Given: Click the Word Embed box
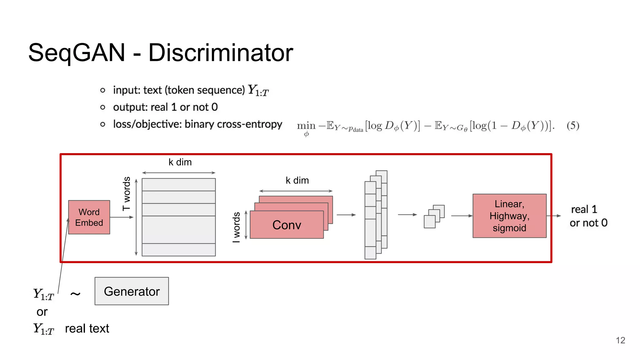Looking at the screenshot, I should click(x=89, y=217).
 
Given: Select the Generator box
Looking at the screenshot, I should click(x=132, y=291).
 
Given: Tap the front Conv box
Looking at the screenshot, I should click(x=287, y=225).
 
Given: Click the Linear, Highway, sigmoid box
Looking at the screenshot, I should click(x=509, y=216).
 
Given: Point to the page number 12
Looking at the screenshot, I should click(x=620, y=340).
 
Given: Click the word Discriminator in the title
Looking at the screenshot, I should click(x=221, y=52).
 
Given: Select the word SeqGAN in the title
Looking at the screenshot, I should click(x=77, y=52).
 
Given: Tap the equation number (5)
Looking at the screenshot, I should click(x=573, y=126).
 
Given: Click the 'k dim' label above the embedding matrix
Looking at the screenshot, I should click(x=180, y=162).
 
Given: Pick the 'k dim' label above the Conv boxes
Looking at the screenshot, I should click(x=297, y=180).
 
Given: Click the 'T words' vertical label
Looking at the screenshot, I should click(x=127, y=194).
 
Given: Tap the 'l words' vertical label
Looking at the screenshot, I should click(x=237, y=227).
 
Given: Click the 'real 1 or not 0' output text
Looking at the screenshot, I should click(x=588, y=216).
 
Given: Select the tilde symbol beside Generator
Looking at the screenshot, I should click(x=75, y=293).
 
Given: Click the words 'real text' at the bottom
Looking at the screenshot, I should click(x=87, y=328).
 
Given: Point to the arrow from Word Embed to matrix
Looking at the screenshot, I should click(x=122, y=217).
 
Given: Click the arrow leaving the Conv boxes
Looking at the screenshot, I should click(x=346, y=215).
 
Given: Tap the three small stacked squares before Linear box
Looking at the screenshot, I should click(x=434, y=217).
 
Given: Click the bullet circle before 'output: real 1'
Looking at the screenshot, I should click(x=102, y=107).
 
